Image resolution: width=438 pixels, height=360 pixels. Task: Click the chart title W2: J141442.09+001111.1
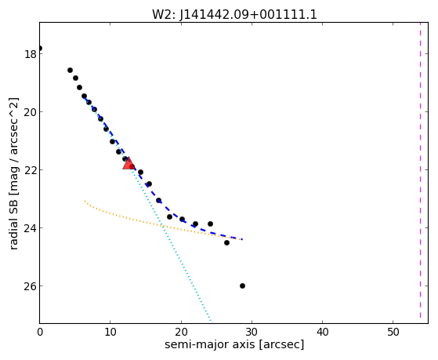pyautogui.click(x=234, y=14)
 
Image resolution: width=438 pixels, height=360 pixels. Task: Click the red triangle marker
pyautogui.click(x=129, y=164)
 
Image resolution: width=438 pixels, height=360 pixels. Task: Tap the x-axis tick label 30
pyautogui.click(x=252, y=332)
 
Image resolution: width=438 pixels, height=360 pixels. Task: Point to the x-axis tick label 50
pyautogui.click(x=393, y=332)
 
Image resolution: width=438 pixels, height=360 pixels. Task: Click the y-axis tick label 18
pyautogui.click(x=31, y=54)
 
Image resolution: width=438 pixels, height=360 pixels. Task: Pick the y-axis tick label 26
pyautogui.click(x=31, y=286)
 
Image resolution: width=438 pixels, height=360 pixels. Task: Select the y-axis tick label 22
pyautogui.click(x=31, y=170)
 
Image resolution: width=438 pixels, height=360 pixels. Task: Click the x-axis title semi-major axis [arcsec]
pyautogui.click(x=234, y=344)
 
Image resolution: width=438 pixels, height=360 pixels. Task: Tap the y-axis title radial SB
pyautogui.click(x=13, y=223)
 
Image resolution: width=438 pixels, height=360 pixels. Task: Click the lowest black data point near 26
pyautogui.click(x=242, y=285)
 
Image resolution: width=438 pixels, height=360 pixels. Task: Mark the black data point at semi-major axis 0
pyautogui.click(x=40, y=48)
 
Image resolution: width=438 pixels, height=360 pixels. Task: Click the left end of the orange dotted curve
pyautogui.click(x=85, y=201)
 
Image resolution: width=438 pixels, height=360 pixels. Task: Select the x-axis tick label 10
pyautogui.click(x=110, y=332)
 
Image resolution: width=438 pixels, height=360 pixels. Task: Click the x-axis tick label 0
pyautogui.click(x=40, y=332)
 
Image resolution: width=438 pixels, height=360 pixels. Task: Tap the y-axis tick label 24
pyautogui.click(x=31, y=228)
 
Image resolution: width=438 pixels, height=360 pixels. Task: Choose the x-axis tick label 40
pyautogui.click(x=322, y=332)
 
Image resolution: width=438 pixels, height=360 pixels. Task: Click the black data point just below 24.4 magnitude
pyautogui.click(x=226, y=242)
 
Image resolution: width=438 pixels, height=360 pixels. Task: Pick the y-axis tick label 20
pyautogui.click(x=31, y=112)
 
